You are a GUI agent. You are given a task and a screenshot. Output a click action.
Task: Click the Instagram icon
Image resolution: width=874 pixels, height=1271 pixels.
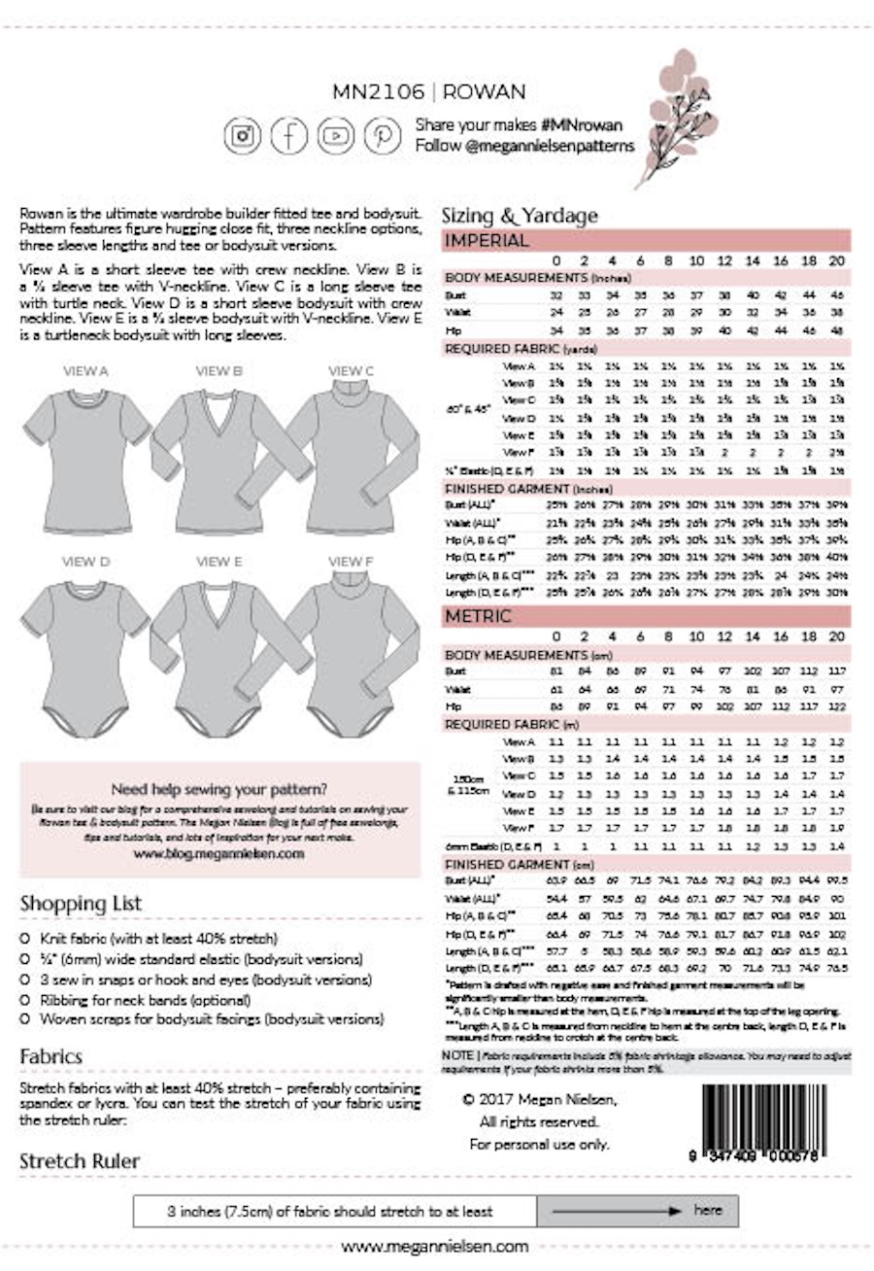(x=243, y=135)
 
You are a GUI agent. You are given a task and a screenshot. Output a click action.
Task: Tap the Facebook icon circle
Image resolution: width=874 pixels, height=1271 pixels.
(x=289, y=135)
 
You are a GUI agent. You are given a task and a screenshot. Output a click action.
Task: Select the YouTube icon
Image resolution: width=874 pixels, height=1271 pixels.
(x=336, y=135)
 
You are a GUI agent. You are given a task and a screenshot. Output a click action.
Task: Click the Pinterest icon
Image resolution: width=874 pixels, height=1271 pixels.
(x=383, y=135)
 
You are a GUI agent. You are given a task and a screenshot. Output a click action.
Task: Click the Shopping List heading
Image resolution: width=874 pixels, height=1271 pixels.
(x=80, y=904)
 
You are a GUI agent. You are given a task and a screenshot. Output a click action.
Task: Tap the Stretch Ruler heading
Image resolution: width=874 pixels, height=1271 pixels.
(x=80, y=1160)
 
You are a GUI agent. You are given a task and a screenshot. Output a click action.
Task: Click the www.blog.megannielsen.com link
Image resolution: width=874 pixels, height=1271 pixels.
(x=219, y=853)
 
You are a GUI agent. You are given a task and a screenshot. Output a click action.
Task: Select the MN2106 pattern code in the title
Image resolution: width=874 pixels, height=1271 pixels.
(x=378, y=92)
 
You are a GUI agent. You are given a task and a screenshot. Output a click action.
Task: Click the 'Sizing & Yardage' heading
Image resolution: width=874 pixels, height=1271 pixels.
(x=520, y=216)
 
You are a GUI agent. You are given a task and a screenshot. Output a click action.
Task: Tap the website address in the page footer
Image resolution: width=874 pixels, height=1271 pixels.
(x=436, y=1246)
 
